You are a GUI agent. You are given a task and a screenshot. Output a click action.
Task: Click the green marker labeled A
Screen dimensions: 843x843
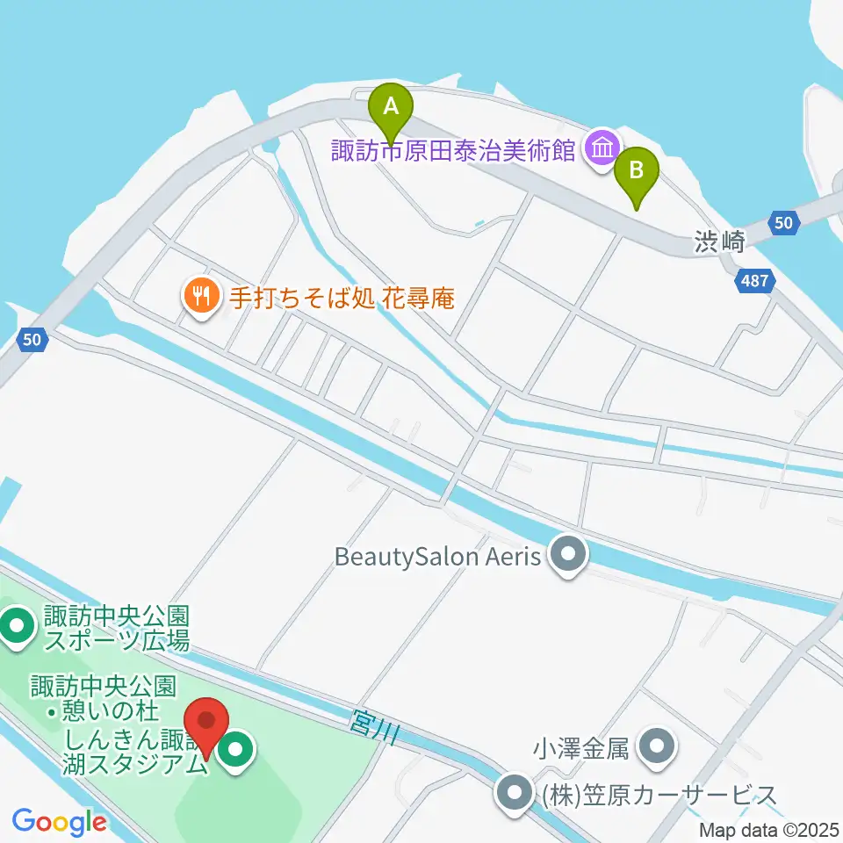click(x=393, y=109)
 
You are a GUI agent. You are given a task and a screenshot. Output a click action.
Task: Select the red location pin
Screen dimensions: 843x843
click(x=207, y=724)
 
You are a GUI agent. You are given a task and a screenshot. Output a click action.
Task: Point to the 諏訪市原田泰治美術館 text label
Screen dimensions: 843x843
click(x=453, y=151)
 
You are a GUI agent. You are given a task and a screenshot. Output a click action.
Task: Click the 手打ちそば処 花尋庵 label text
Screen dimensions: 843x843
click(x=342, y=298)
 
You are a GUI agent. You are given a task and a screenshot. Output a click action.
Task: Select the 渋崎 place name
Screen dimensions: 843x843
click(x=719, y=243)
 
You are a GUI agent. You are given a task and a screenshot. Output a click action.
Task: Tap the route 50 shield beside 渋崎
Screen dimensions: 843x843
click(x=784, y=223)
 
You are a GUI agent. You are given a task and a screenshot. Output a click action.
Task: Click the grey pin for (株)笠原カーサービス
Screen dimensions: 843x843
click(x=515, y=795)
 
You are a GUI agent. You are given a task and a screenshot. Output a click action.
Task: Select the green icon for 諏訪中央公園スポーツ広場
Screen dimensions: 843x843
click(x=16, y=627)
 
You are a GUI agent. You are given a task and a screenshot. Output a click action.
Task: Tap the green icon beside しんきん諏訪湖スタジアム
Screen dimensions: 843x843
click(x=235, y=751)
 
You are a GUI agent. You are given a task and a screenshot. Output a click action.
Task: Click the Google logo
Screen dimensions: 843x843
click(x=59, y=822)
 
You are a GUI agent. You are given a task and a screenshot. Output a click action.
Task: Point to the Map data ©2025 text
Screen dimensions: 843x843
click(x=769, y=830)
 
